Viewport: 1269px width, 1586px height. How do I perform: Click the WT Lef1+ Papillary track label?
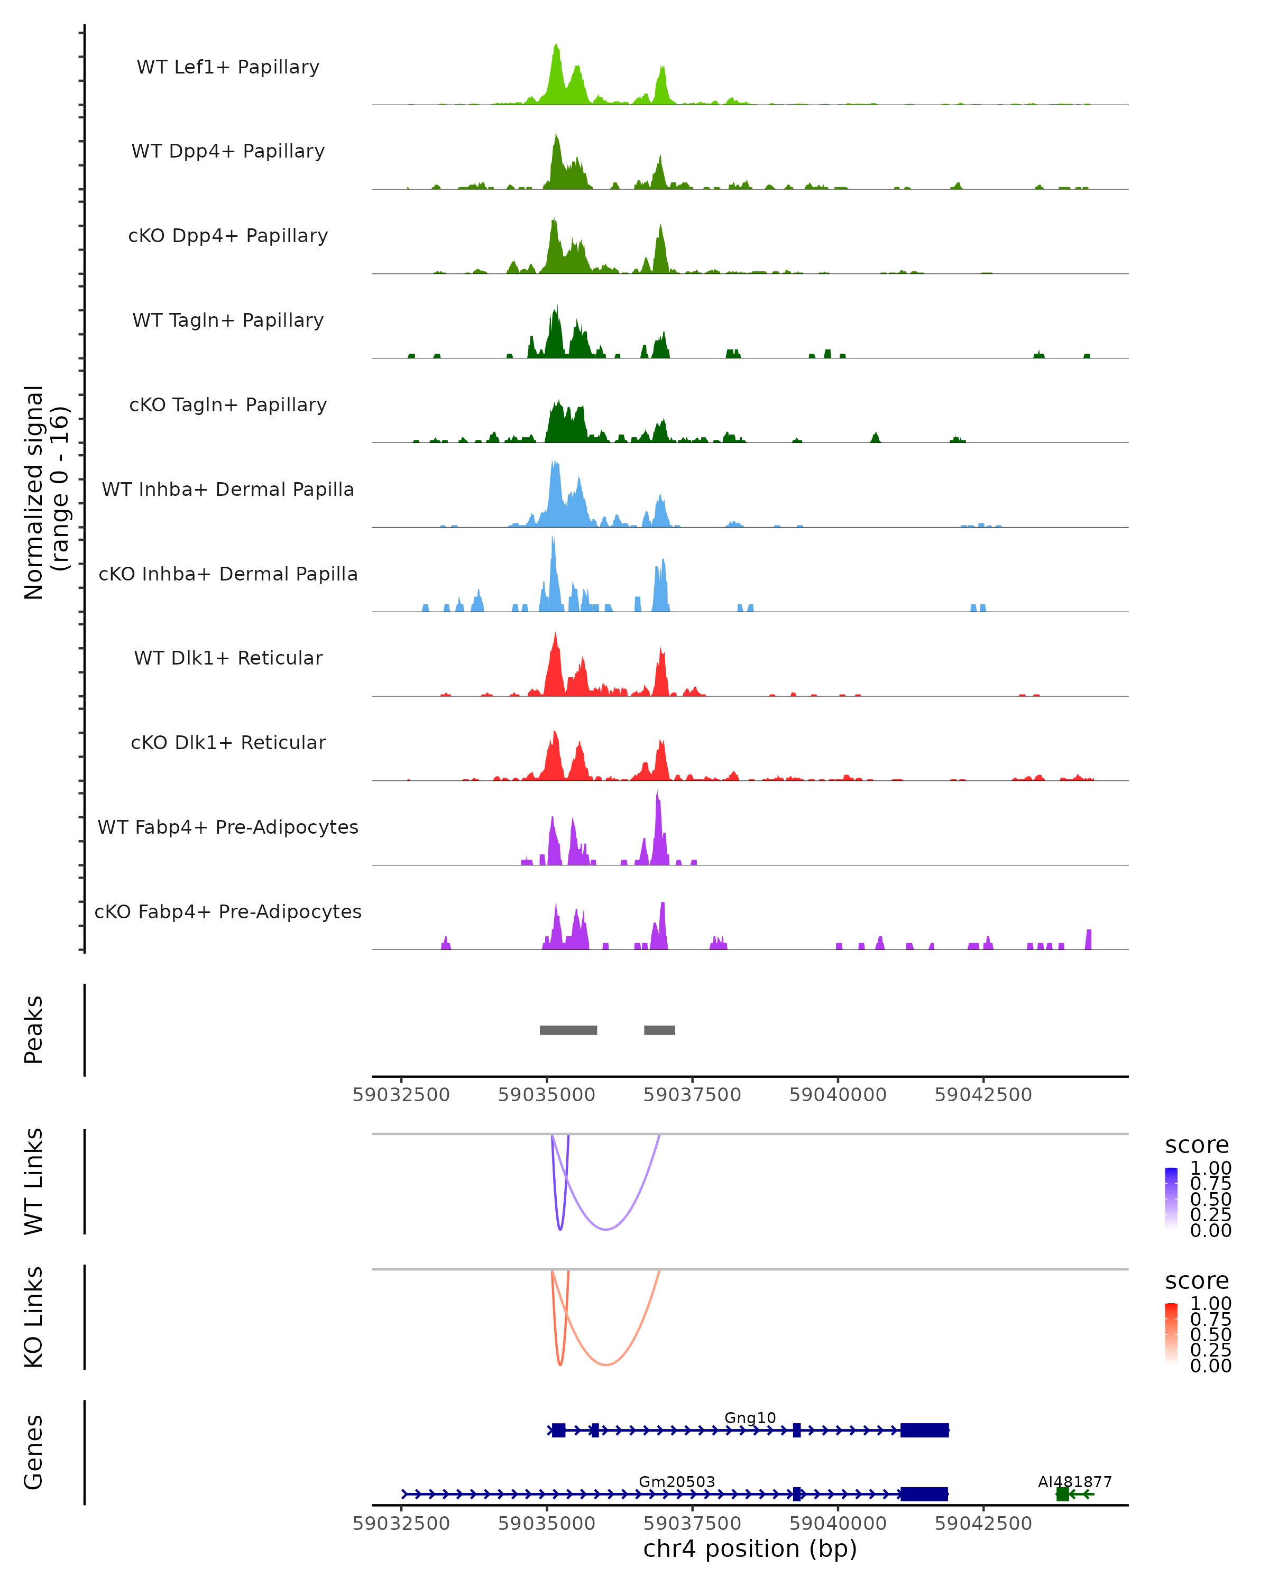(x=228, y=67)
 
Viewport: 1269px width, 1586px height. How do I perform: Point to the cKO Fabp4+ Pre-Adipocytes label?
(x=228, y=911)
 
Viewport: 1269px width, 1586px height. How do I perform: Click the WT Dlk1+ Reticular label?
(x=228, y=658)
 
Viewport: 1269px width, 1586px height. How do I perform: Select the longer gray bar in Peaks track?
(x=568, y=1030)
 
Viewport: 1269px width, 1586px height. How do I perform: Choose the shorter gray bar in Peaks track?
(x=659, y=1030)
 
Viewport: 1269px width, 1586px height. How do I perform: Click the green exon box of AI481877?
(x=1062, y=1494)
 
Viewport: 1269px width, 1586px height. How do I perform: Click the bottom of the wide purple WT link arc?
(x=605, y=1229)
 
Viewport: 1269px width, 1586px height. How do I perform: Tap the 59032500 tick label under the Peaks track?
(x=401, y=1095)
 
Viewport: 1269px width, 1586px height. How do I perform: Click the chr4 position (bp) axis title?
(x=750, y=1549)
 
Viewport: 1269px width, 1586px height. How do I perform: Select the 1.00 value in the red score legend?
(x=1210, y=1304)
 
